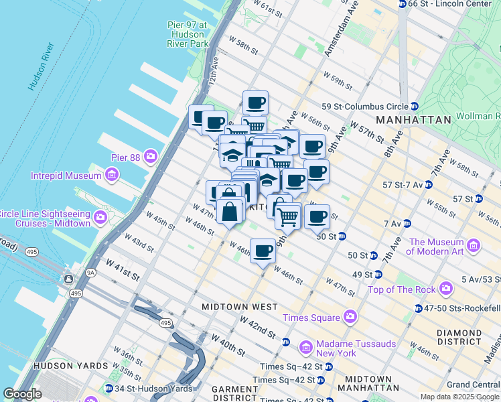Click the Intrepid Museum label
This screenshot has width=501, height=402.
click(x=64, y=176)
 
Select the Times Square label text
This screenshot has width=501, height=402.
click(x=311, y=318)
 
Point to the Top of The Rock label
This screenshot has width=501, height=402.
click(x=401, y=289)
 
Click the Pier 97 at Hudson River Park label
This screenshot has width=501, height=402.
click(x=188, y=34)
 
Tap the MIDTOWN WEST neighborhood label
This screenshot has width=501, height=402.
click(x=240, y=306)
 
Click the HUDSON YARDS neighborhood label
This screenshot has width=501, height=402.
click(x=69, y=366)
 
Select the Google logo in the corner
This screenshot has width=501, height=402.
click(x=22, y=394)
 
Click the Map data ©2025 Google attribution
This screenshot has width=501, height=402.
click(x=459, y=397)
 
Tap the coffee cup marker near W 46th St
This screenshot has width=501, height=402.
click(x=263, y=252)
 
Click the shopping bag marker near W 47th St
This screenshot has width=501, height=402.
click(x=230, y=212)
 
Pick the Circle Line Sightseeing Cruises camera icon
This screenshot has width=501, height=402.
click(x=100, y=217)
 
